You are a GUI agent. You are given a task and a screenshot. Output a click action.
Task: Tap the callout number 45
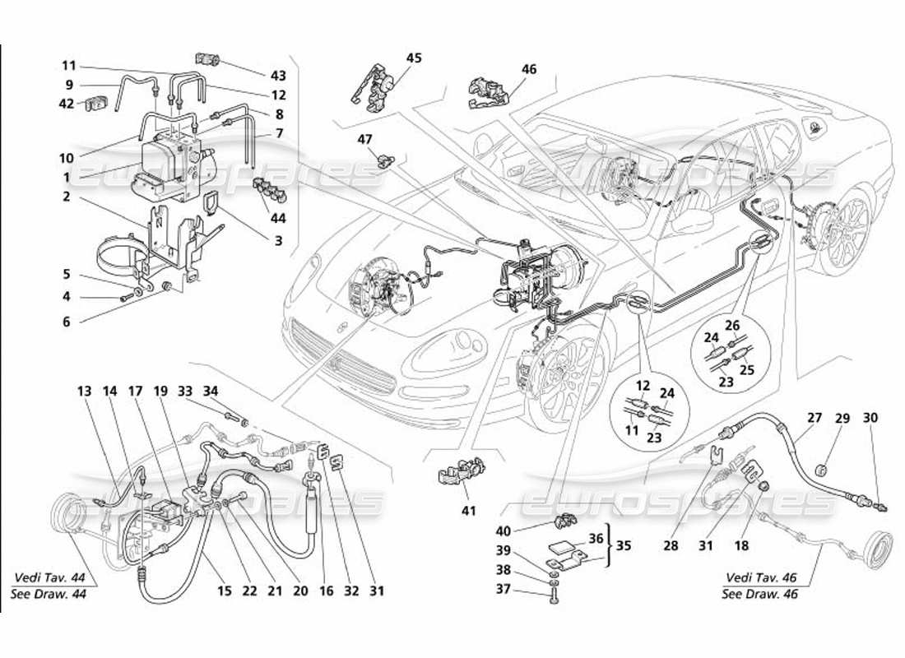click(413, 58)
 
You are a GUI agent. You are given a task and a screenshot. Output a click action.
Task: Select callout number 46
click(528, 70)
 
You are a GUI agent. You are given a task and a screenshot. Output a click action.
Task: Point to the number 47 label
click(364, 140)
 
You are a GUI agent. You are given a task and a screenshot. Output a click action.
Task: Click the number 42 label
click(67, 104)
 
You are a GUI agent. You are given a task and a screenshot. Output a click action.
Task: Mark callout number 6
click(67, 322)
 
